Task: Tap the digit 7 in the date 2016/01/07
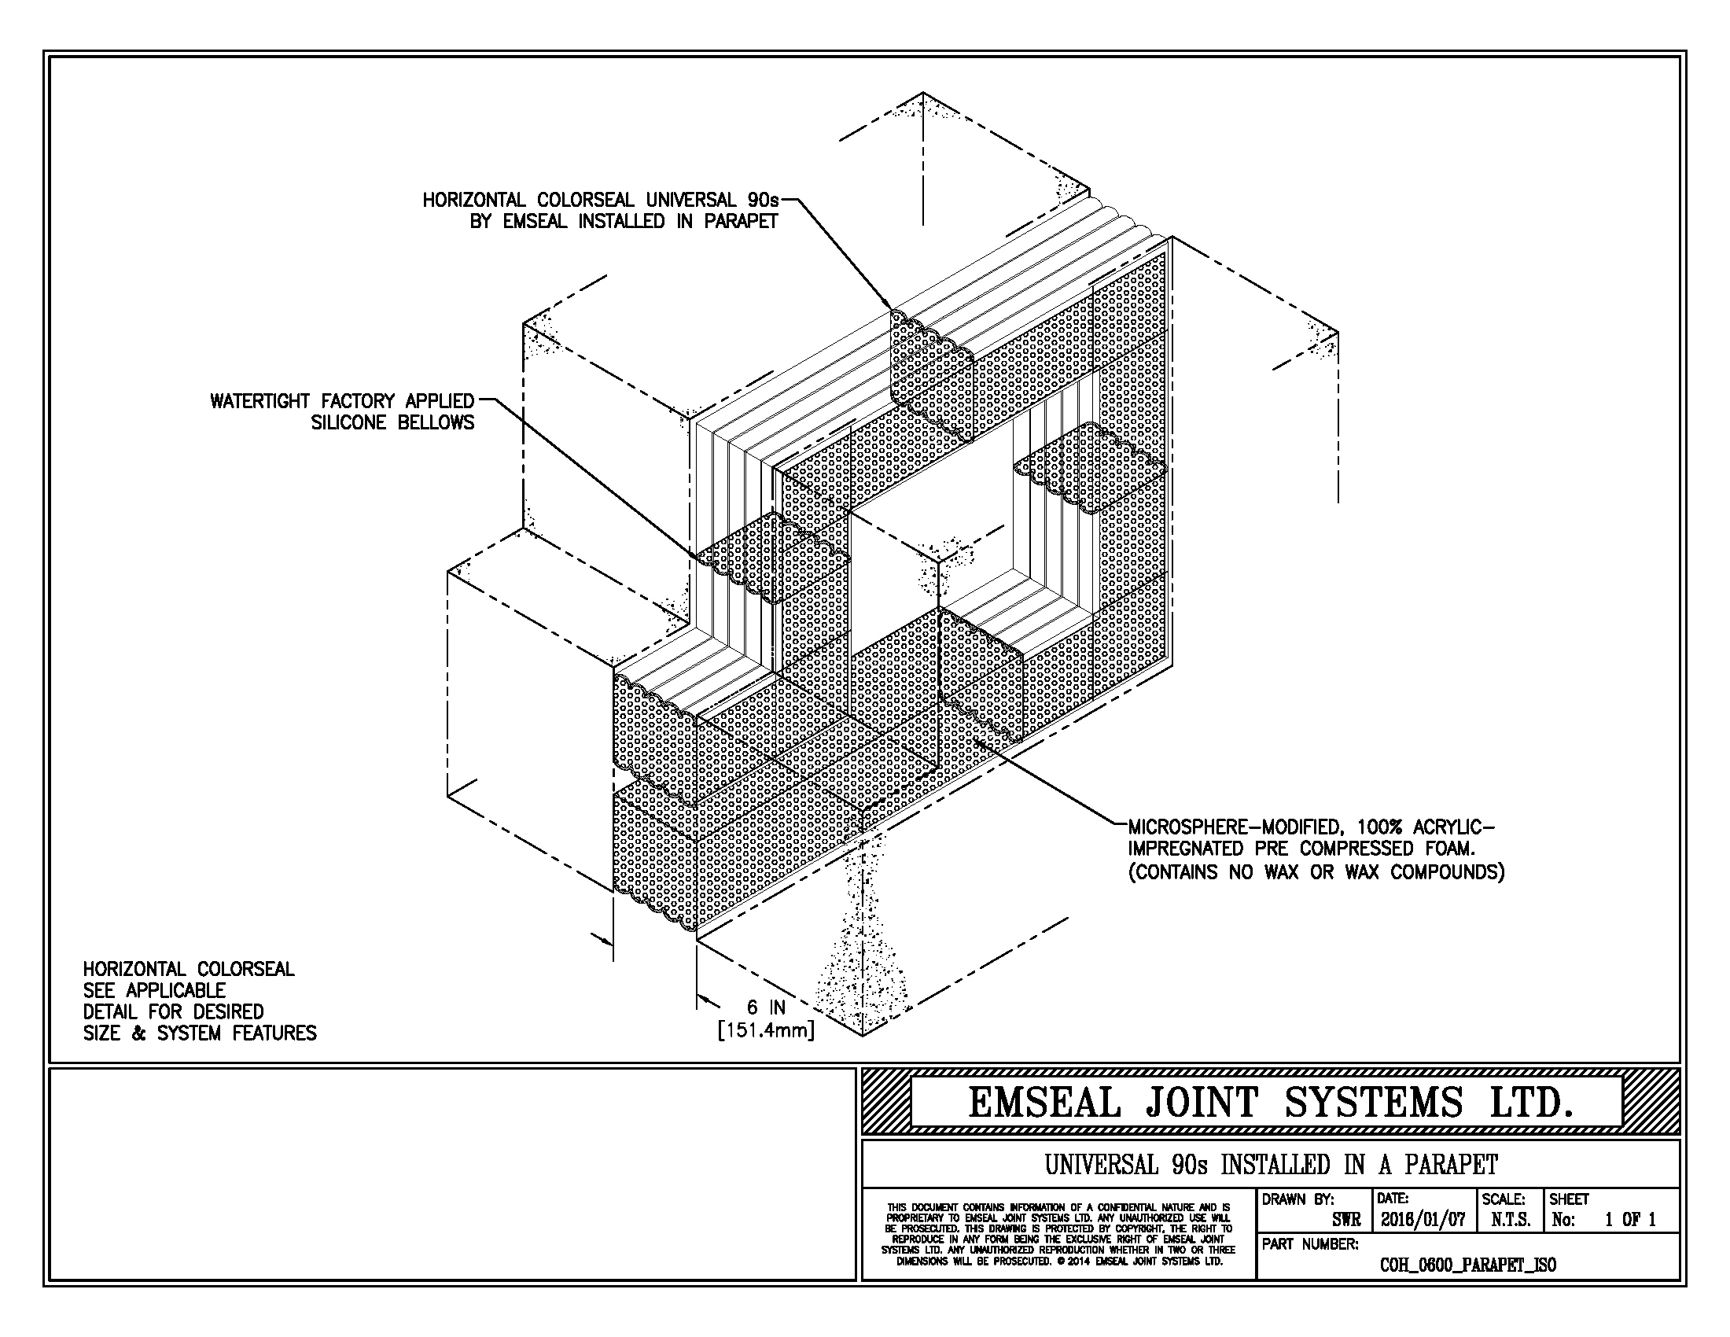(1459, 1219)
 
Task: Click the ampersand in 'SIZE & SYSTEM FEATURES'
(139, 1033)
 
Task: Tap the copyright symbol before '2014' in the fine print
(1061, 1261)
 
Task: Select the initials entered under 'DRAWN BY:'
(1346, 1220)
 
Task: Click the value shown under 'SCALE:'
(1511, 1220)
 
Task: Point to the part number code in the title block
(1468, 1265)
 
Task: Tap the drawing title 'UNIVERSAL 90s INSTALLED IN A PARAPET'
(1271, 1165)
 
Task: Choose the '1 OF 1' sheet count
(1630, 1220)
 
